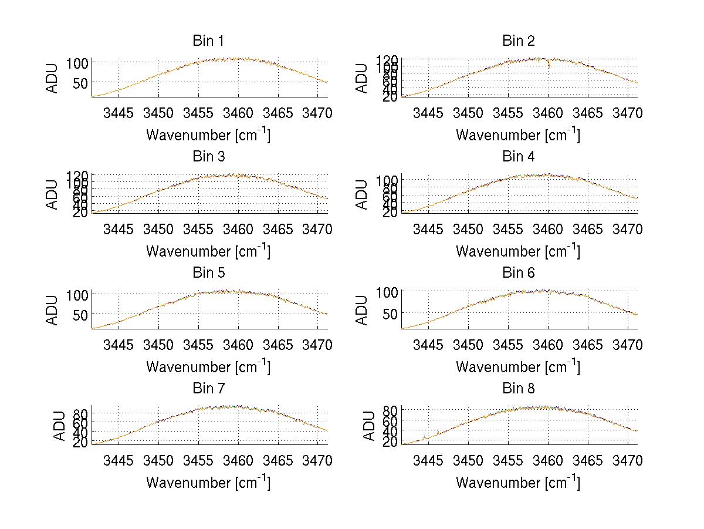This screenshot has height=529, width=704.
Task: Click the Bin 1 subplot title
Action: [208, 41]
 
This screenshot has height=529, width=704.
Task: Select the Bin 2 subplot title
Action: [518, 41]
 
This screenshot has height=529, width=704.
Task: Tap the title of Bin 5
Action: [208, 273]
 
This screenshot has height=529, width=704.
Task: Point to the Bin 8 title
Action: [518, 389]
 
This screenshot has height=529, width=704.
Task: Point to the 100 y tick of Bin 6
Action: [388, 292]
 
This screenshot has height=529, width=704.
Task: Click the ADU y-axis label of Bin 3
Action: [53, 194]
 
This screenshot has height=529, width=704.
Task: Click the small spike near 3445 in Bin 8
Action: [425, 437]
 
